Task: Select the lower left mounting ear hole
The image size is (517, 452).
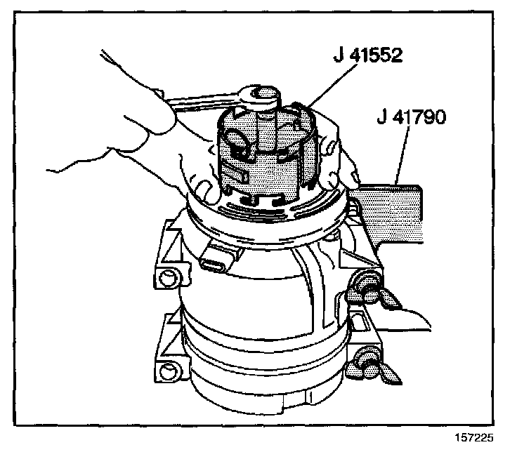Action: (x=166, y=369)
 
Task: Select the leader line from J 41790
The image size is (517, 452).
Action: (x=400, y=154)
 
